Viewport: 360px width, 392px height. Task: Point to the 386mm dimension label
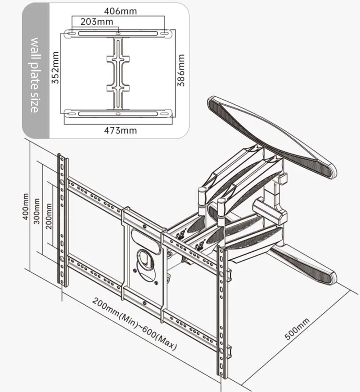coord(181,71)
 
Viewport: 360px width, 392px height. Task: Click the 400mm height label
coord(26,207)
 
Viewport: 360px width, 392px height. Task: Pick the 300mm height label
coord(37,211)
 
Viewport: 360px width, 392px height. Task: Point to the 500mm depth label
coord(297,330)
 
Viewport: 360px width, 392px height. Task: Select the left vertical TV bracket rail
coord(63,220)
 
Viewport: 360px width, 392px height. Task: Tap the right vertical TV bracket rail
coord(222,310)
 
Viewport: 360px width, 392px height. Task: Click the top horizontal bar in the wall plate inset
coord(118,34)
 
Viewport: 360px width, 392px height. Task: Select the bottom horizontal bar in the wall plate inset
coord(118,113)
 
